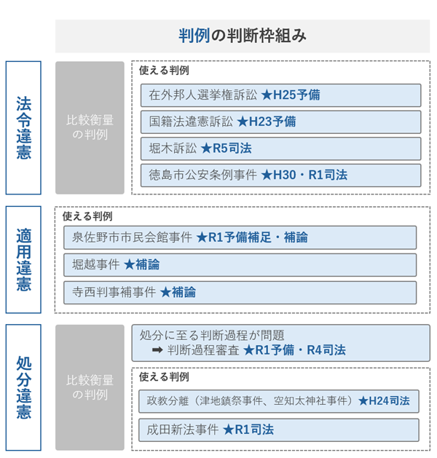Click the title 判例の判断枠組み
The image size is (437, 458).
(243, 36)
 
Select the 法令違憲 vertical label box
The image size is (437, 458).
(23, 127)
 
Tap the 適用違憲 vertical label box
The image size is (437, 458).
(23, 260)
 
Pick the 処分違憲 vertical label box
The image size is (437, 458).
(23, 387)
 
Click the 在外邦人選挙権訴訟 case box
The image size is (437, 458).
(280, 95)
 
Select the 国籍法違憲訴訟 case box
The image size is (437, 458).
(280, 122)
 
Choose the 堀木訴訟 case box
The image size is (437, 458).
(280, 149)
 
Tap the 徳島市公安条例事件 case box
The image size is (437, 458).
(280, 175)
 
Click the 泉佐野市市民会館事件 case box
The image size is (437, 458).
(240, 237)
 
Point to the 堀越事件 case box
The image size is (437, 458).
(240, 265)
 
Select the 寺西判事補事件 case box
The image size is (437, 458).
(240, 293)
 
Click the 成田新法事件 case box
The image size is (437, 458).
(279, 430)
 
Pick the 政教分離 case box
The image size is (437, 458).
(279, 401)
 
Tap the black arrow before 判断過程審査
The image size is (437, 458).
(157, 350)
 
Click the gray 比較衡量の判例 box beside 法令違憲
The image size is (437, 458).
(90, 127)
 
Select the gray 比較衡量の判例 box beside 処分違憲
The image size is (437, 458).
(90, 387)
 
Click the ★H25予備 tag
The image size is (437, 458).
(291, 95)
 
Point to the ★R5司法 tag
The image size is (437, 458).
(226, 149)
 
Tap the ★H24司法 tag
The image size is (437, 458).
(384, 400)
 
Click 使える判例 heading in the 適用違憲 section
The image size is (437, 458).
(87, 216)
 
